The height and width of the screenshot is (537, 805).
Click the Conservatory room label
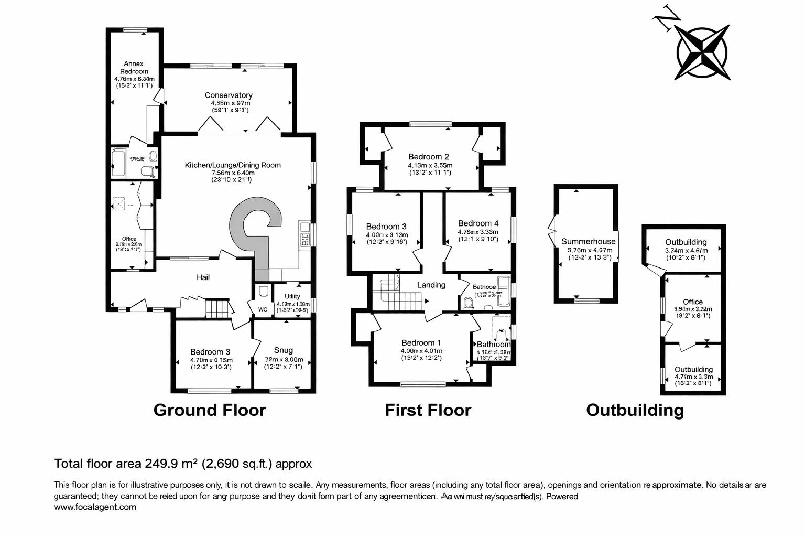click(x=229, y=95)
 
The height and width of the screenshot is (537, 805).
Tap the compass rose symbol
click(x=702, y=52)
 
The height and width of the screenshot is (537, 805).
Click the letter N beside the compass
click(x=665, y=19)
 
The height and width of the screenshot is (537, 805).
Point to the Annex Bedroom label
click(x=134, y=67)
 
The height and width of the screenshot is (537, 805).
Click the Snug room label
click(x=284, y=350)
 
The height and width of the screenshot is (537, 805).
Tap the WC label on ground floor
click(x=263, y=309)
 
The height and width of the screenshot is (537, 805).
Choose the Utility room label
click(x=292, y=296)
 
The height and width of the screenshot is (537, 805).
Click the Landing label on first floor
click(x=431, y=285)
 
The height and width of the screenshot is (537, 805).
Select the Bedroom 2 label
click(x=428, y=157)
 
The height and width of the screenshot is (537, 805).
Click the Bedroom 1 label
click(x=421, y=343)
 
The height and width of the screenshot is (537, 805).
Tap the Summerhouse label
click(x=588, y=242)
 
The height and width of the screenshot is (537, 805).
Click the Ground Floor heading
click(x=210, y=410)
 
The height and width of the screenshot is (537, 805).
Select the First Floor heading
click(x=428, y=410)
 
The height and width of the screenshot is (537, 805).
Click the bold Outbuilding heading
click(x=635, y=410)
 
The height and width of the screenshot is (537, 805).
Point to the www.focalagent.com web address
click(x=95, y=507)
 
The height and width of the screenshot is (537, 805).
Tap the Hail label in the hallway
click(x=203, y=277)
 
